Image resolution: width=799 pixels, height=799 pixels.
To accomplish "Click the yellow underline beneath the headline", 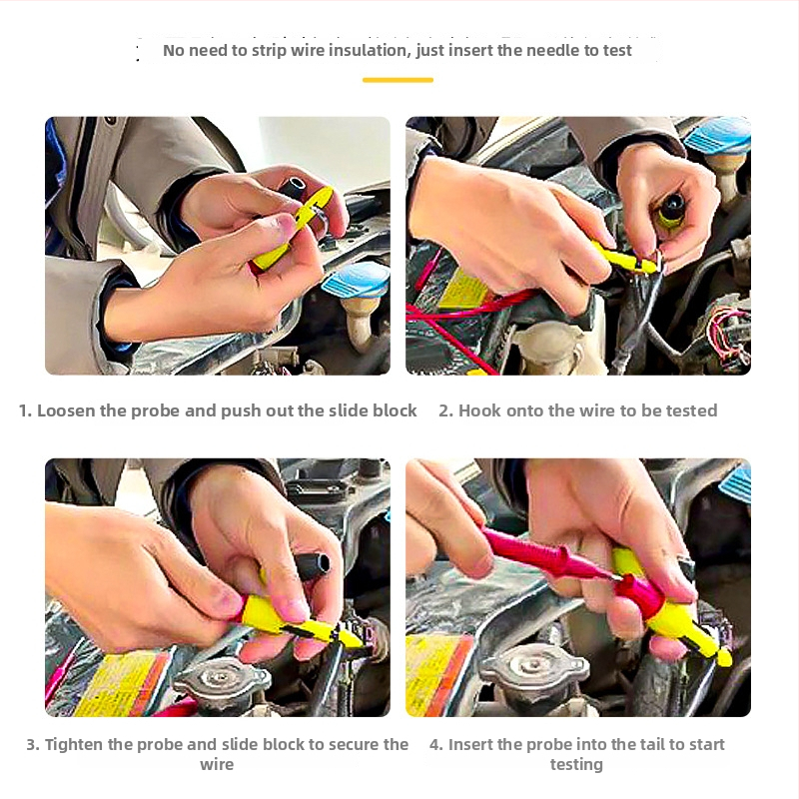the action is point(398,80).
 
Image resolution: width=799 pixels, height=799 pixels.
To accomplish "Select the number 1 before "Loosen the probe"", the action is point(24,410).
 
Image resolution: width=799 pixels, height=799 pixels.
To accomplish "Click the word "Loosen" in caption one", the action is point(66,410).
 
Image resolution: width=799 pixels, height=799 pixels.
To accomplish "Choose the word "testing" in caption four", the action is point(576,764).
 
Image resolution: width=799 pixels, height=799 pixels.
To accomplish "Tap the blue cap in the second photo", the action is point(718,135).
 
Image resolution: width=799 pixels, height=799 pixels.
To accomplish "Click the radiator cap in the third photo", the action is point(222,684).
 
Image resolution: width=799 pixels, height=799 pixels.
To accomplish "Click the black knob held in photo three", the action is point(314,565).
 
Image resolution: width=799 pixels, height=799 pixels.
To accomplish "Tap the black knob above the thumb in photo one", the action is point(293,188).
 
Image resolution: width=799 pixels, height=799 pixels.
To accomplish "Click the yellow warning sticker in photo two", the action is point(462,291).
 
